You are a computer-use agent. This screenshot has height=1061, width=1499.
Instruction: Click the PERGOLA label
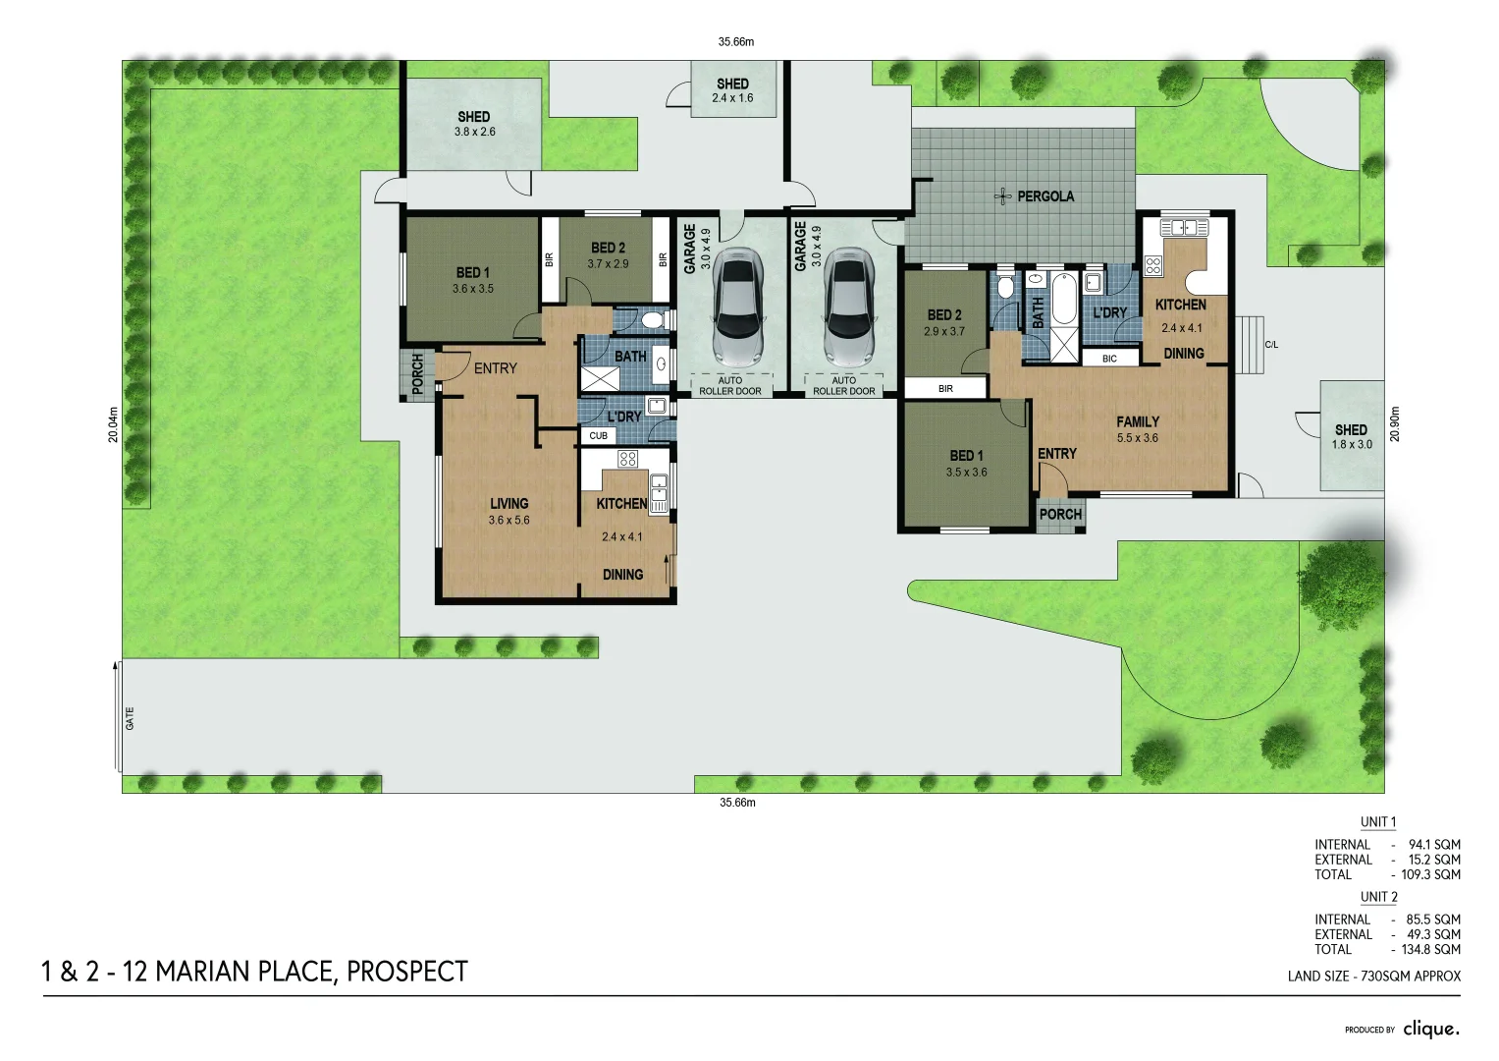tap(1044, 196)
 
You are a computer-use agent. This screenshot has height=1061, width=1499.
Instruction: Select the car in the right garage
tap(849, 306)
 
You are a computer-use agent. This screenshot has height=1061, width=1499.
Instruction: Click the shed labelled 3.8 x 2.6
tap(474, 124)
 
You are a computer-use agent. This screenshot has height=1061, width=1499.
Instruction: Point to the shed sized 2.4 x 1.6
tap(732, 90)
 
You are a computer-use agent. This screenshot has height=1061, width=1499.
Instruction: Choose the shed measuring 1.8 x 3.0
tap(1351, 436)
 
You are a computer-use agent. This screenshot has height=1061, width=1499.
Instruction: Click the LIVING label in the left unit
tap(509, 504)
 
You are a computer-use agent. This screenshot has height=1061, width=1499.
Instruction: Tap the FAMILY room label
tap(1138, 422)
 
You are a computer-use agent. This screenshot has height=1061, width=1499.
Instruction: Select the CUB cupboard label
tap(598, 435)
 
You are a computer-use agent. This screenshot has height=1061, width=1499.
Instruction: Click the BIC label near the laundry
tap(1109, 359)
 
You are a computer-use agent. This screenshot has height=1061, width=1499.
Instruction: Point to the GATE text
tap(130, 718)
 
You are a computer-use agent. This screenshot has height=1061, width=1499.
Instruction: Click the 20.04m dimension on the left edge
tap(113, 424)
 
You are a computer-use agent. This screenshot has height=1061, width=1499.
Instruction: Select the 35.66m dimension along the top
tap(735, 42)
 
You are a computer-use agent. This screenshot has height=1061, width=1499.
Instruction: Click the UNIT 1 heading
tap(1377, 822)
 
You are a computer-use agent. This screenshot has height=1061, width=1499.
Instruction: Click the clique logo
tap(1430, 1029)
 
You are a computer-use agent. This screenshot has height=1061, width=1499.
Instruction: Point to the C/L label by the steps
tap(1271, 345)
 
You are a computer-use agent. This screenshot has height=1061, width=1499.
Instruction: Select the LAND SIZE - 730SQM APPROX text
tap(1373, 977)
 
